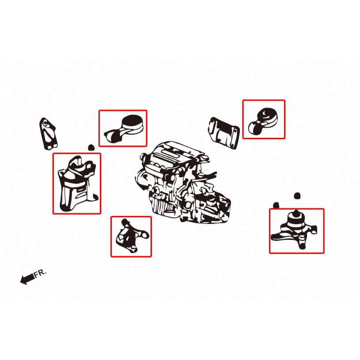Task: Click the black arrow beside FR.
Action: pyautogui.click(x=27, y=279)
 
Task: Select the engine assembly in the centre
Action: pyautogui.click(x=183, y=182)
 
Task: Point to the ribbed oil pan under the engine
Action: pyautogui.click(x=163, y=205)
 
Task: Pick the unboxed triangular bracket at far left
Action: pyautogui.click(x=48, y=134)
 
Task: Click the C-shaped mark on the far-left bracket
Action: pyautogui.click(x=45, y=123)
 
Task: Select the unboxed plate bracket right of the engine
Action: pyautogui.click(x=224, y=133)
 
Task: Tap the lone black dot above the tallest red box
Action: pyautogui.click(x=91, y=148)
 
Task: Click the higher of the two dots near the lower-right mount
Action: pyautogui.click(x=297, y=196)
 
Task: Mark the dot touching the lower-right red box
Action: pyautogui.click(x=276, y=205)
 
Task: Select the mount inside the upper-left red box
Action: pyautogui.click(x=124, y=129)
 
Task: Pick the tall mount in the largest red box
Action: pyautogui.click(x=77, y=184)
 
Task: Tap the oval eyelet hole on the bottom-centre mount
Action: pyautogui.click(x=144, y=235)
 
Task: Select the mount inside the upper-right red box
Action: pyautogui.click(x=263, y=121)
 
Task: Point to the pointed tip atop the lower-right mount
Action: pyautogui.click(x=296, y=211)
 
